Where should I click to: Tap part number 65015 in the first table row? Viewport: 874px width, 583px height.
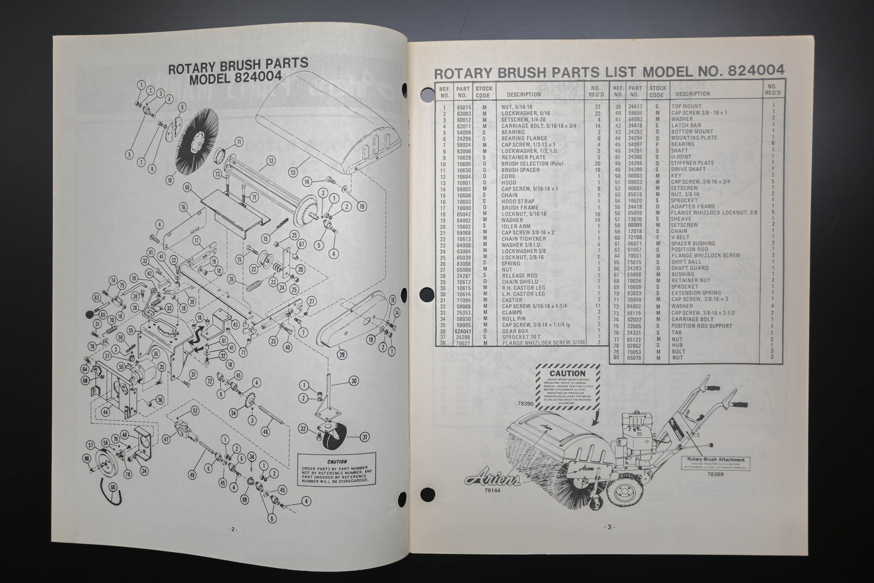[464, 107]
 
